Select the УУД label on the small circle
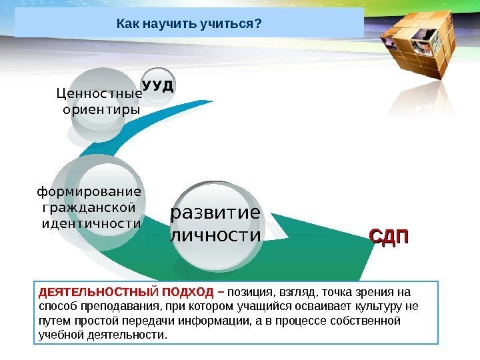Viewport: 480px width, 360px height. click(158, 86)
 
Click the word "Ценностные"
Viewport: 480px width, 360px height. click(101, 95)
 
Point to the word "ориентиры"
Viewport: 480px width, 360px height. click(101, 109)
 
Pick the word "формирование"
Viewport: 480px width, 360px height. click(89, 193)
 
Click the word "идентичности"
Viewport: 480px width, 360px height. click(91, 222)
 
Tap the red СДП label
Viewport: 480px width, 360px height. click(389, 237)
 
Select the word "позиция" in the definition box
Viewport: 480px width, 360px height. click(247, 293)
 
